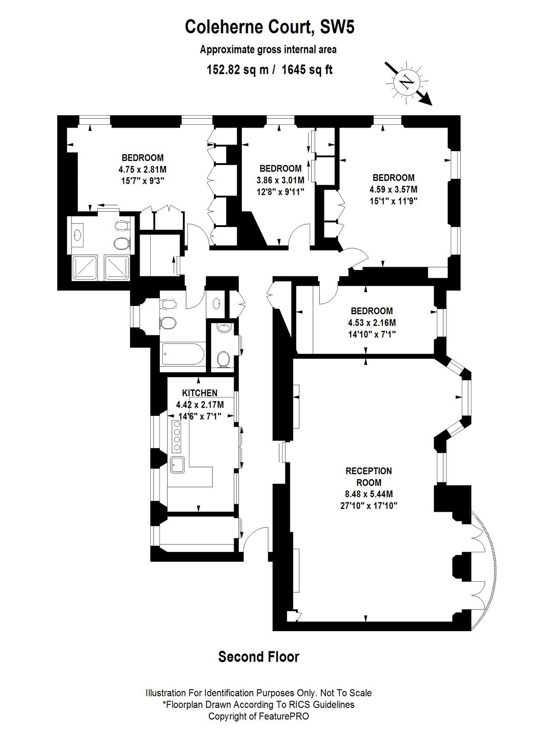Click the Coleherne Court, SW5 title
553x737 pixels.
[270, 27]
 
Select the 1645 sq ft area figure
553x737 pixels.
[307, 70]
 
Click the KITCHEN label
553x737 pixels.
[200, 392]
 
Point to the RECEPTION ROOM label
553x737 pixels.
[369, 477]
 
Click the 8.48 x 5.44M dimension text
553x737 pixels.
[369, 494]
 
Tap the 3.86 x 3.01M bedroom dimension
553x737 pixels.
[280, 180]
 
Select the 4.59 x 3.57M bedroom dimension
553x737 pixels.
[394, 189]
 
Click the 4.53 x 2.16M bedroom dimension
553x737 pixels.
[372, 323]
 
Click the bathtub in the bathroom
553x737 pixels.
[182, 354]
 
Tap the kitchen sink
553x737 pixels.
[177, 465]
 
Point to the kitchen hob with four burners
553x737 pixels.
[176, 435]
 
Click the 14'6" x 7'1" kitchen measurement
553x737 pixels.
[200, 417]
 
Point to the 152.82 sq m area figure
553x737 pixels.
[237, 70]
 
